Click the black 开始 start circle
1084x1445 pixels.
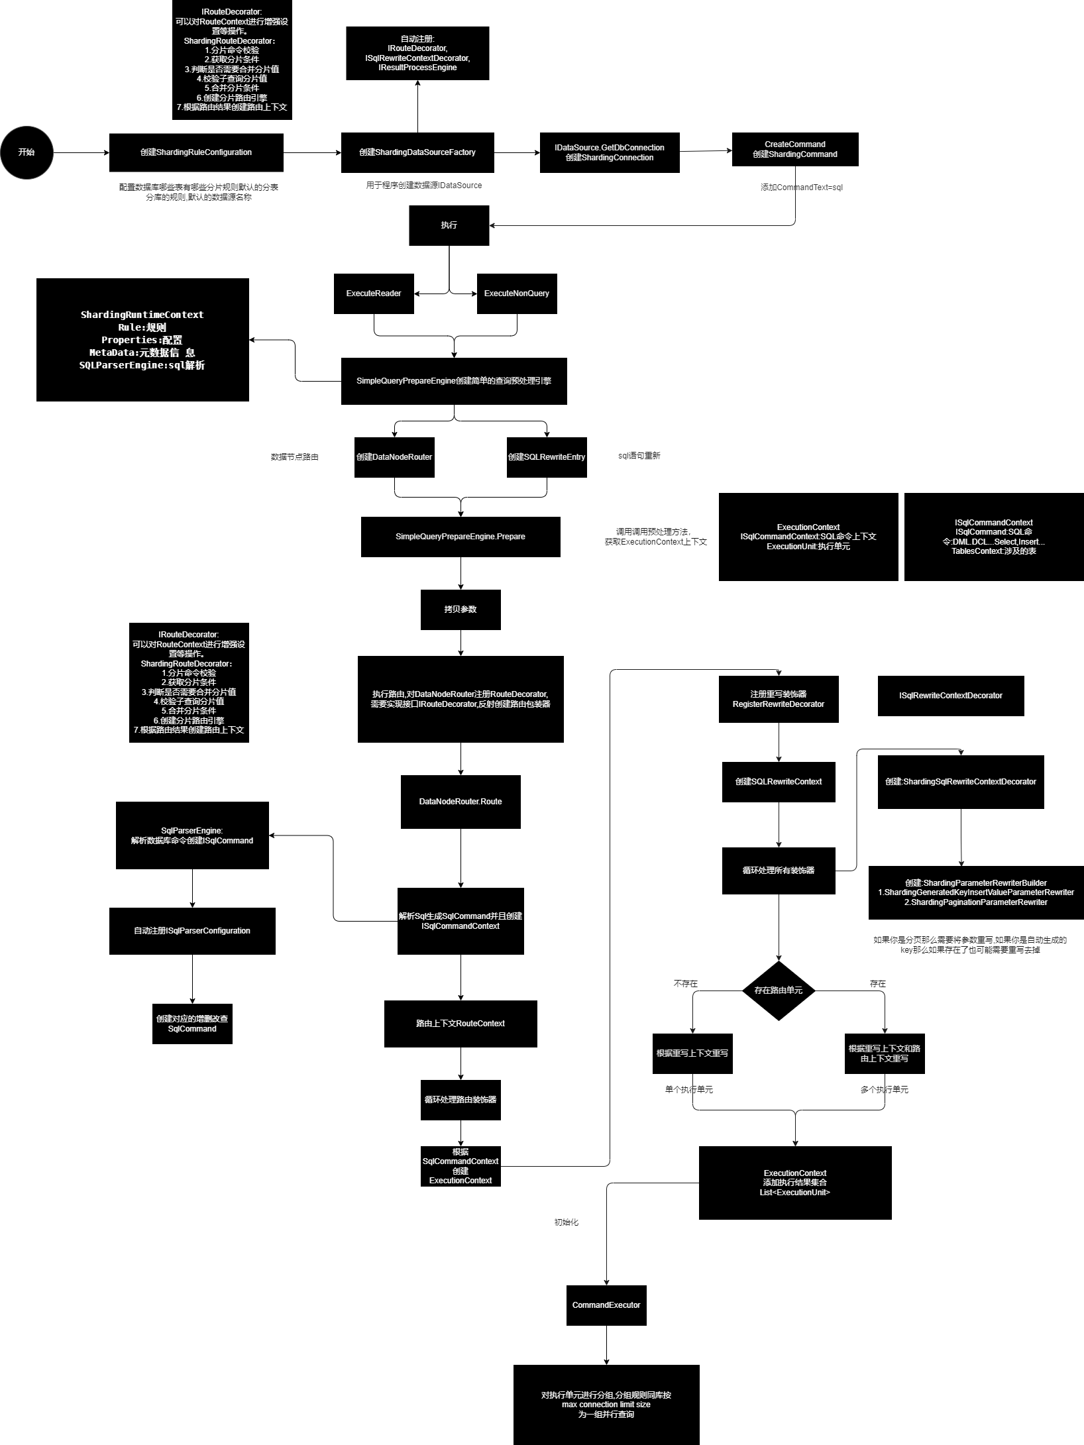click(27, 152)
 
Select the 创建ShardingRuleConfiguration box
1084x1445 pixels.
click(196, 152)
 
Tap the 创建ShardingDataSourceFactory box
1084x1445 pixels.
click(417, 152)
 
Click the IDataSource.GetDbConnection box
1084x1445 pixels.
click(610, 152)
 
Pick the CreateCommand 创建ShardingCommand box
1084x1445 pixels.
click(795, 149)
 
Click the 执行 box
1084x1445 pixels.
click(449, 225)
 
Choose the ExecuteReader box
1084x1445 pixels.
click(374, 294)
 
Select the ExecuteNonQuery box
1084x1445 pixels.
click(517, 294)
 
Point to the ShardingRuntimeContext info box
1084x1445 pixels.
click(142, 339)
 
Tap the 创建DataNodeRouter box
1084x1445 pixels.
click(394, 457)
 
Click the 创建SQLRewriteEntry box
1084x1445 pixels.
click(547, 457)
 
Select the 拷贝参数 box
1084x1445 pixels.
click(461, 610)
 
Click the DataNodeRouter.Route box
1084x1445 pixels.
click(461, 802)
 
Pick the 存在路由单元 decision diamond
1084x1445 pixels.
click(779, 990)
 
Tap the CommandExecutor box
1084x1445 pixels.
click(606, 1305)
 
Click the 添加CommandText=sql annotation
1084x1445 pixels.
click(802, 187)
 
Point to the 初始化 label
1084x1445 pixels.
click(567, 1222)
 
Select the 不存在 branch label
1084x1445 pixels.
click(686, 984)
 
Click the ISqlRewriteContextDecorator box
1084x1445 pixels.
click(951, 696)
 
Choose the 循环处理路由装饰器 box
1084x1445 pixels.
click(461, 1100)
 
